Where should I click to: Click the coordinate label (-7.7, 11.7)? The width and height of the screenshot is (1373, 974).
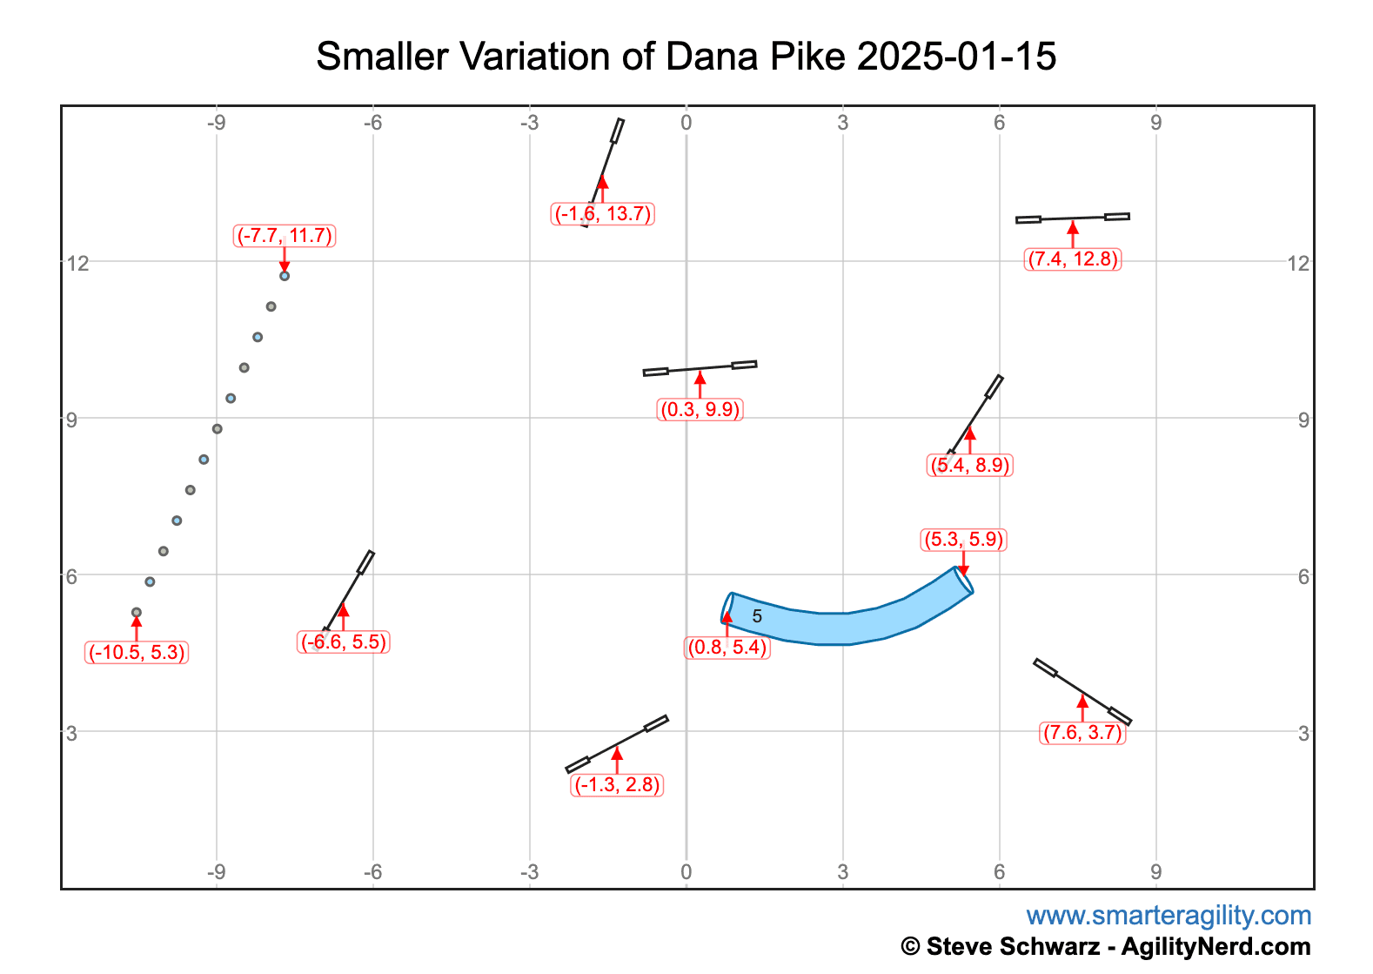click(x=285, y=236)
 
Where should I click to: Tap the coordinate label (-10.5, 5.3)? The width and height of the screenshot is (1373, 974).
click(x=137, y=653)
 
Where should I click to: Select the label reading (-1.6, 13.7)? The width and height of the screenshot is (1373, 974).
click(x=603, y=214)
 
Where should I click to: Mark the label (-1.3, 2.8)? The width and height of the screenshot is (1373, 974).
click(x=617, y=785)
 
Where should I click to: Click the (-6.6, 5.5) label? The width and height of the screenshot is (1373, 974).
click(x=344, y=642)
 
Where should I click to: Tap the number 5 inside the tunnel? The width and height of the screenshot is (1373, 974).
click(x=757, y=616)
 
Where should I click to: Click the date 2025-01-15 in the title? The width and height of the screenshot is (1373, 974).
click(x=956, y=57)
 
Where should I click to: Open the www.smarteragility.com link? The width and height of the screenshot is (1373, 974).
click(x=1168, y=916)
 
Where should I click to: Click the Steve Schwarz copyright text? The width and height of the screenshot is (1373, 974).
click(x=1105, y=946)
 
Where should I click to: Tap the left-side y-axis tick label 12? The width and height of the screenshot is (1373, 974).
click(x=77, y=262)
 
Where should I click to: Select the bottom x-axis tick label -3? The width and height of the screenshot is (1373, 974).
click(x=529, y=872)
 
